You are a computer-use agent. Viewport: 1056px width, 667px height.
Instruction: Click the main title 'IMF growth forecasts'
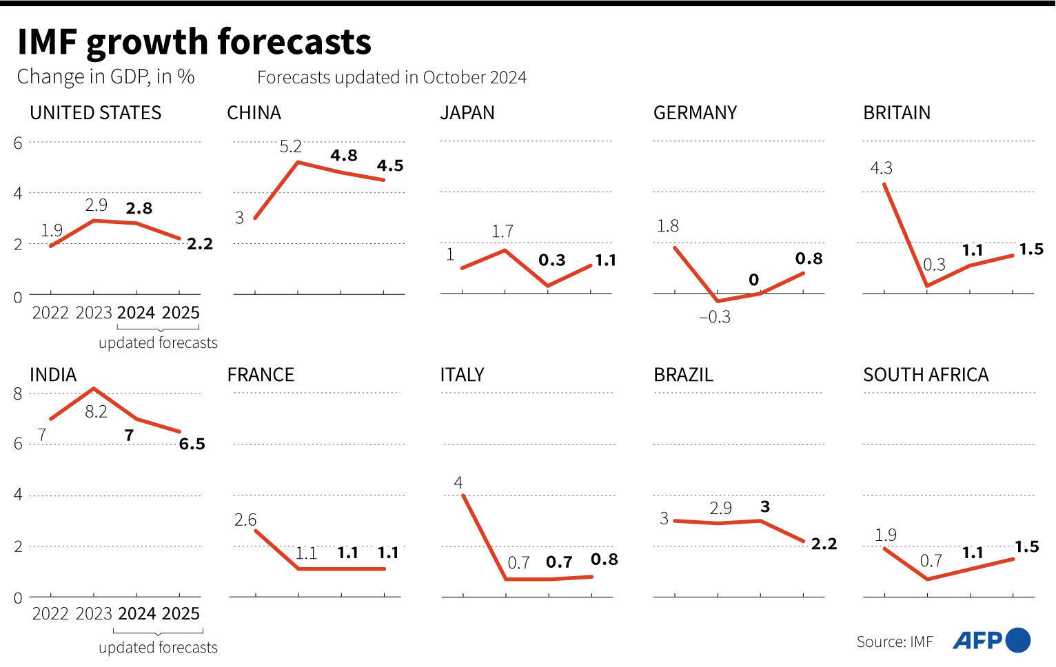pos(194,42)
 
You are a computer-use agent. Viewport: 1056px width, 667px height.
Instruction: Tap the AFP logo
pos(991,640)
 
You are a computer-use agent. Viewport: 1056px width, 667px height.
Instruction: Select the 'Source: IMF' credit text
pos(894,642)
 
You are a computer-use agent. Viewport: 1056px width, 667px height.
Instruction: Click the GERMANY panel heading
pos(695,113)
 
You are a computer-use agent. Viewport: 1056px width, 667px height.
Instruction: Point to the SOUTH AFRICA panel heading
pos(926,375)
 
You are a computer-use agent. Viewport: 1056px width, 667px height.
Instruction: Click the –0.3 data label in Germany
pos(714,317)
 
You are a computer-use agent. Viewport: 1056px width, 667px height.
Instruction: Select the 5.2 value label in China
pos(290,146)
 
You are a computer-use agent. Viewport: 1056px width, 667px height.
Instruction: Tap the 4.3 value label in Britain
pos(881,168)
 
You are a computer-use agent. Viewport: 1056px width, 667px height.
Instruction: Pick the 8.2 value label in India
pos(96,412)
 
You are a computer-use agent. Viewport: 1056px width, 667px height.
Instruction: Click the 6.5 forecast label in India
pos(192,444)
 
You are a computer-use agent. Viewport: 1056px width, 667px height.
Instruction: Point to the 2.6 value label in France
pos(245,520)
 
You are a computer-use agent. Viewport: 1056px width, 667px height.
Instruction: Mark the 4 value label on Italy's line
pos(458,482)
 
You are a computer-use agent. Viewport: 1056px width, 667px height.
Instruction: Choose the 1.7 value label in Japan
pos(502,232)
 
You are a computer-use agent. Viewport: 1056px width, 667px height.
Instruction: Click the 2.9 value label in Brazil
pos(720,508)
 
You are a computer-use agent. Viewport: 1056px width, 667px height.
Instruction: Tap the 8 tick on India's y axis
pos(18,394)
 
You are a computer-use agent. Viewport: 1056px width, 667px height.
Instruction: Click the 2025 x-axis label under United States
pos(181,313)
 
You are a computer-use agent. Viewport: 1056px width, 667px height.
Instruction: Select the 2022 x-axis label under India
pos(50,614)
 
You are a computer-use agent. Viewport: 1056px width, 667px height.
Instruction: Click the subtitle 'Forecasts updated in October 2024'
pos(392,77)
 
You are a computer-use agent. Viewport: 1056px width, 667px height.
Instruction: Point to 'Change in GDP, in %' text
pos(105,76)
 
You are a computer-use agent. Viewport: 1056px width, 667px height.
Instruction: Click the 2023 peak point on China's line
pos(297,162)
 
